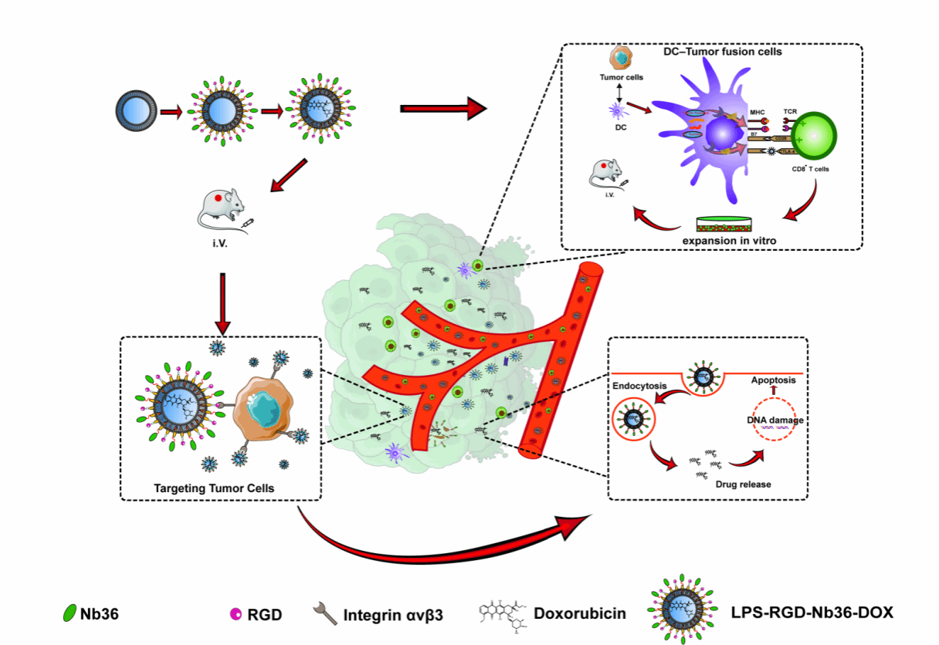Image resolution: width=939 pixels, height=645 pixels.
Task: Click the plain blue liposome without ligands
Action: [x=137, y=110]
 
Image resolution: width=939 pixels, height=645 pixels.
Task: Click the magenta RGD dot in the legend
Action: [x=235, y=614]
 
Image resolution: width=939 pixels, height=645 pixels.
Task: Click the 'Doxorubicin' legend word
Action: [x=580, y=614]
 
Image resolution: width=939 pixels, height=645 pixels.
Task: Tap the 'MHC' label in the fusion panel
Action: [x=758, y=113]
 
